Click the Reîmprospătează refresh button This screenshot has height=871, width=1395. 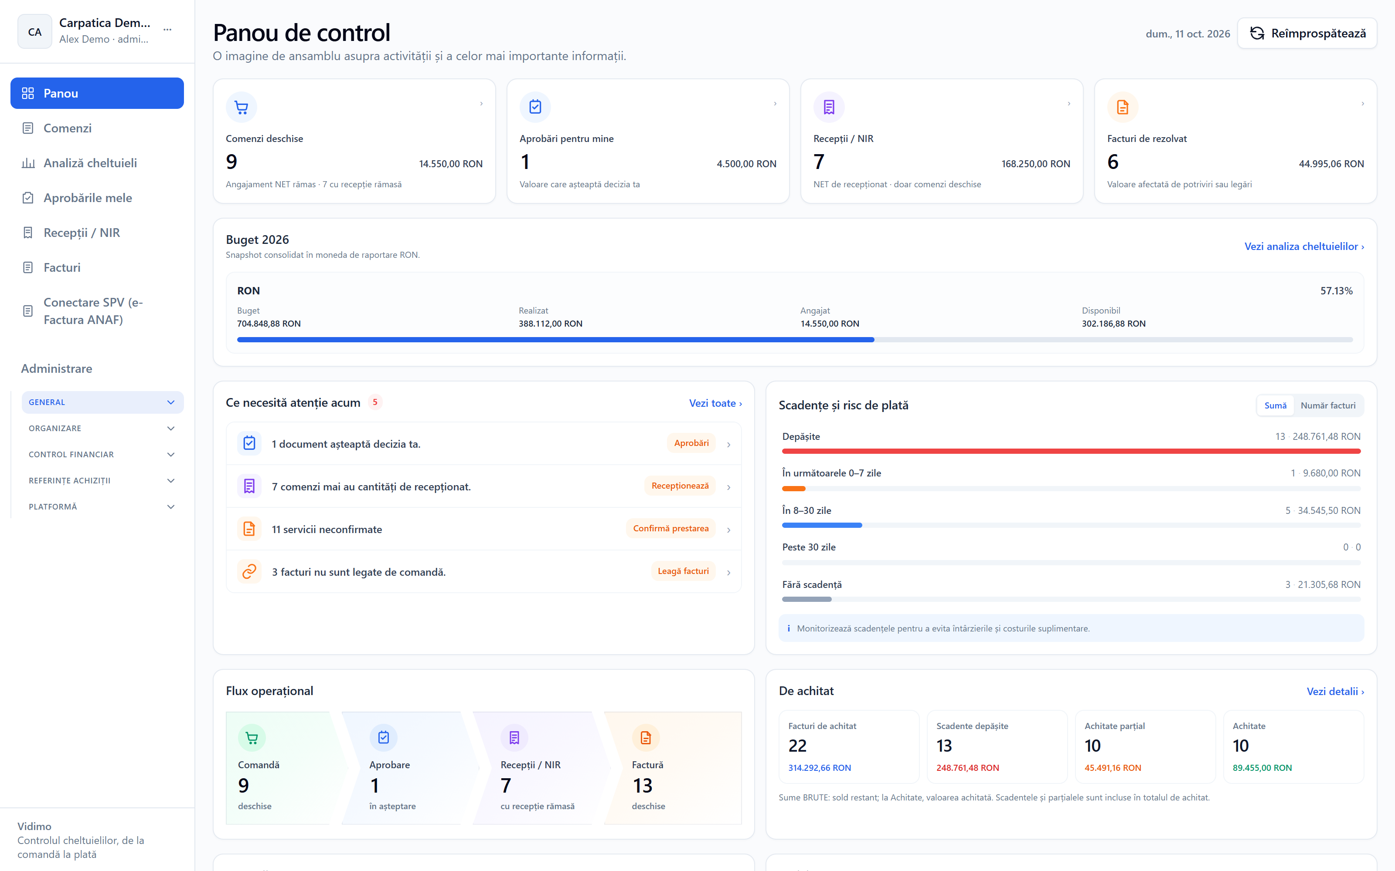click(1307, 34)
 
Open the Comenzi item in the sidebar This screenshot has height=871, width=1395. click(68, 128)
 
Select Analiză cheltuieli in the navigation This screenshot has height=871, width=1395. click(90, 163)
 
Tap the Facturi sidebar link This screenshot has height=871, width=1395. click(61, 267)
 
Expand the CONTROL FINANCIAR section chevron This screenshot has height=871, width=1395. click(170, 455)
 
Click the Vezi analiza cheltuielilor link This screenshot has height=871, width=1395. click(1304, 246)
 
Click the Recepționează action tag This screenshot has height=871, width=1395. click(680, 486)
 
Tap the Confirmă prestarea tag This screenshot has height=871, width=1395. click(670, 528)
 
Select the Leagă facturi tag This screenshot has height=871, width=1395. click(683, 571)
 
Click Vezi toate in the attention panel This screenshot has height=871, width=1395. click(715, 403)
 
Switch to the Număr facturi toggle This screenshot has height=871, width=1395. click(1327, 405)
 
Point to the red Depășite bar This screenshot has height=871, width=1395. click(1071, 451)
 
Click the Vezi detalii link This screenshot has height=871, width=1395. click(1335, 691)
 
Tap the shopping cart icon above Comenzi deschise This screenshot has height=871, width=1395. click(242, 107)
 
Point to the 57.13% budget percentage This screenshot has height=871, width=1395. click(1336, 291)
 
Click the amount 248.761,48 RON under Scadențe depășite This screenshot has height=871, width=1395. click(967, 768)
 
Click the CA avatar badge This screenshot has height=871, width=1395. click(34, 32)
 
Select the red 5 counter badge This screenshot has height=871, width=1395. click(375, 402)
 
